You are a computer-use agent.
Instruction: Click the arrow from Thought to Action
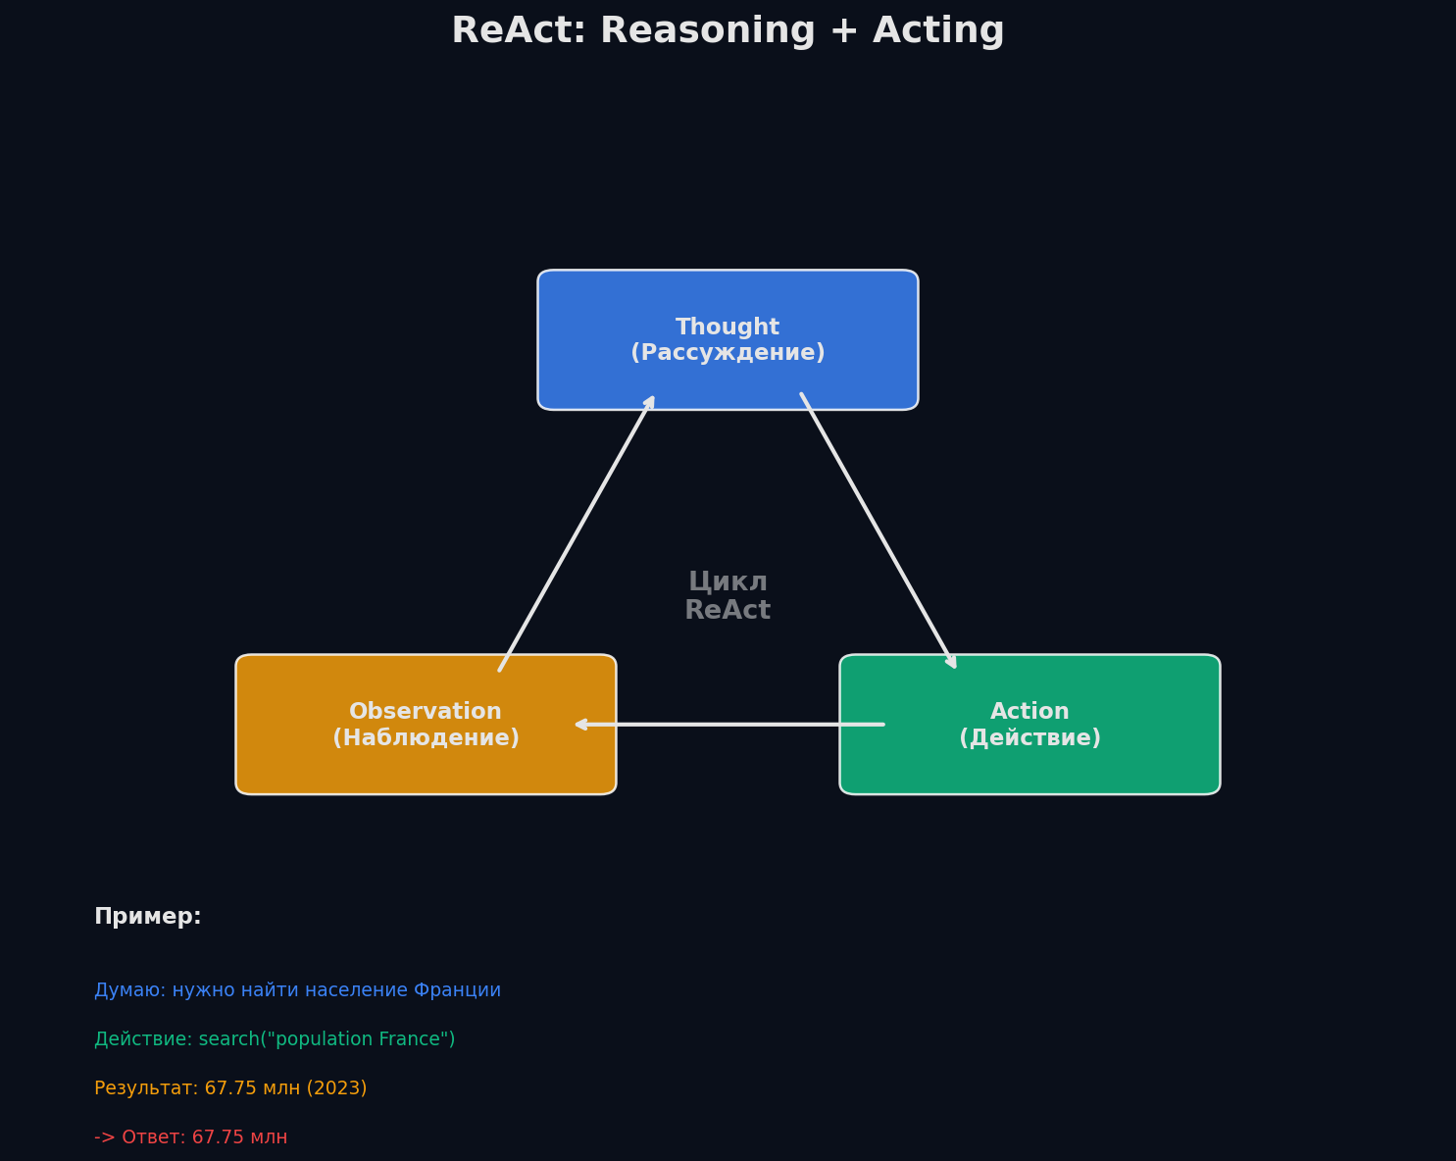(x=878, y=530)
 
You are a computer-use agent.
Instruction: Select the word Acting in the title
(x=938, y=31)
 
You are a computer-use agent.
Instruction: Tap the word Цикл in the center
(x=728, y=581)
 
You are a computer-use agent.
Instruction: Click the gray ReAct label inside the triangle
(x=728, y=611)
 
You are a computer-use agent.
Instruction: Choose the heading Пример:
(x=148, y=917)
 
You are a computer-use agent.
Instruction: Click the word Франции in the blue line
(x=457, y=990)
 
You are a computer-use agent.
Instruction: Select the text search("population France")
(x=326, y=1039)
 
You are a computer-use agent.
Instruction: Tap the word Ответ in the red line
(x=153, y=1137)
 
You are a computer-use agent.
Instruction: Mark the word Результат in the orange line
(x=145, y=1088)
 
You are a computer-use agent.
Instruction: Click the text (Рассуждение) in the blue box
(x=728, y=353)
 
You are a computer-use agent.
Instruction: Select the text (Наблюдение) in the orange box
(x=426, y=738)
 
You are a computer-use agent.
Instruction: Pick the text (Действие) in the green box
(x=1029, y=738)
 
